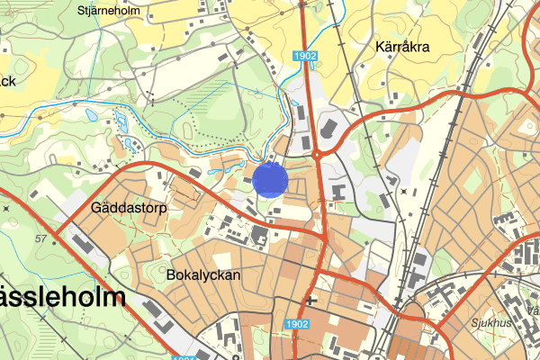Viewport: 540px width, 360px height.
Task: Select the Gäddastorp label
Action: pyautogui.click(x=130, y=207)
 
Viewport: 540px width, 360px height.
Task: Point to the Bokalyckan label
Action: pyautogui.click(x=204, y=274)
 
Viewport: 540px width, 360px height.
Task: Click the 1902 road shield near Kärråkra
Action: pyautogui.click(x=304, y=57)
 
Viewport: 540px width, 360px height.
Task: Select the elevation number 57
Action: pyautogui.click(x=40, y=238)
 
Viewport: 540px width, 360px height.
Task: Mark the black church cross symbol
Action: pyautogui.click(x=310, y=301)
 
